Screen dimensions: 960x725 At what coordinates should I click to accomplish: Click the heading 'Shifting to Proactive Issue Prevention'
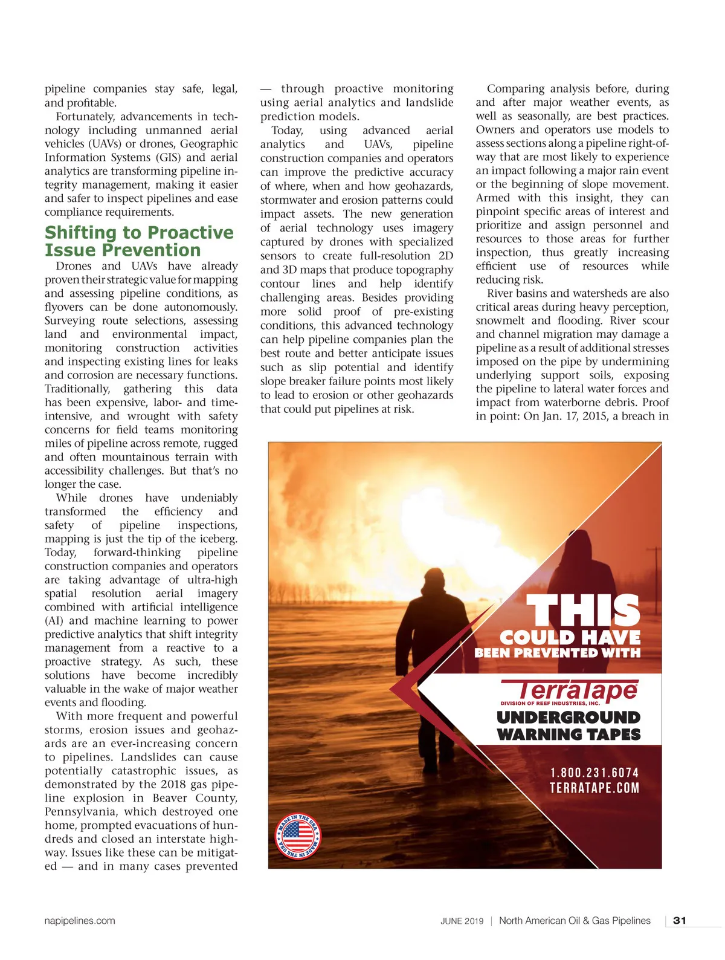139,241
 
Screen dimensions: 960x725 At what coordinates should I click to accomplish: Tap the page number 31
680,921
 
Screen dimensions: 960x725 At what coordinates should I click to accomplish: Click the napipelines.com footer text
80,921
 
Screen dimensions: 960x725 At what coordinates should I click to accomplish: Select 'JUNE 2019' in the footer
462,921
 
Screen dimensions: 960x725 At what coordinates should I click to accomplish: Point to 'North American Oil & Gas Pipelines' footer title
575,921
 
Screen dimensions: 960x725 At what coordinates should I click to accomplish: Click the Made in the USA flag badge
298,837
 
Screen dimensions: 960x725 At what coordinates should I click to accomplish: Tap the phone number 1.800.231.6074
594,773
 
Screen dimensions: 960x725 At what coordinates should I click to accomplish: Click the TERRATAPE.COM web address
594,788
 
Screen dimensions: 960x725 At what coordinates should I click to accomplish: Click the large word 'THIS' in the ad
584,611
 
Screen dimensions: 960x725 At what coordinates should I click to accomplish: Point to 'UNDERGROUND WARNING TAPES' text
569,726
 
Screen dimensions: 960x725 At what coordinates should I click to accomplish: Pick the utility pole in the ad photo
654,574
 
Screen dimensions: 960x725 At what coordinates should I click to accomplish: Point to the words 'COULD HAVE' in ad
570,637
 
